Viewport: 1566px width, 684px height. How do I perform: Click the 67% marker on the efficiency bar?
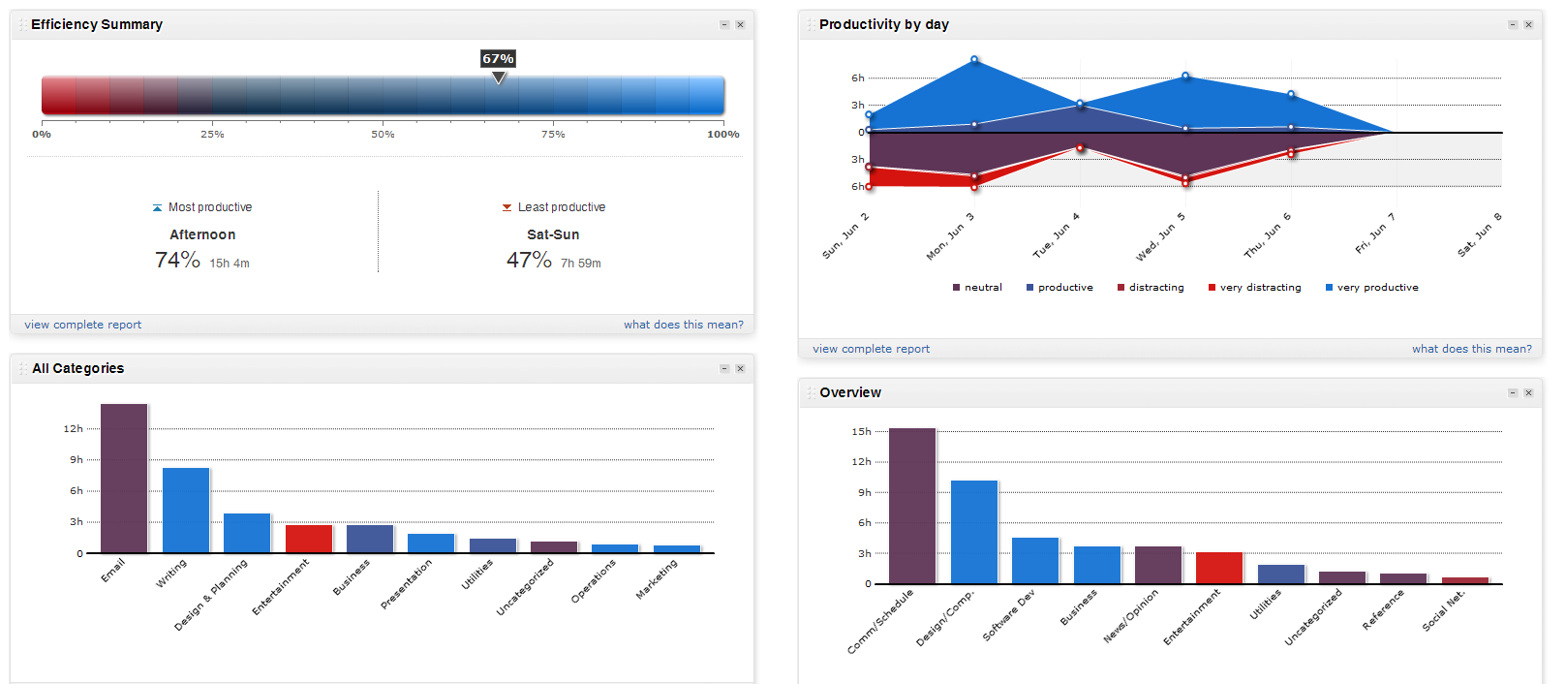pyautogui.click(x=498, y=60)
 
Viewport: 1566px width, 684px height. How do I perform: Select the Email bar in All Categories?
pyautogui.click(x=124, y=479)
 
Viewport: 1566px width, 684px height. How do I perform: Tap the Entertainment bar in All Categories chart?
pyautogui.click(x=309, y=539)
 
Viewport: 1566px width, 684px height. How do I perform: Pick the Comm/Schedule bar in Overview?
pyautogui.click(x=912, y=506)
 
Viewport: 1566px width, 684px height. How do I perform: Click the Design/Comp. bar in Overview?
pyautogui.click(x=974, y=532)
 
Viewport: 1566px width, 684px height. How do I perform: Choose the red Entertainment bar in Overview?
pyautogui.click(x=1219, y=568)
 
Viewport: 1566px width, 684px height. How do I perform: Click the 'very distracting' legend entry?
pyautogui.click(x=1260, y=288)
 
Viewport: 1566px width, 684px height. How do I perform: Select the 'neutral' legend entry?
pyautogui.click(x=982, y=288)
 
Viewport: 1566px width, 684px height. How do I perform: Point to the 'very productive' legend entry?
pyautogui.click(x=1377, y=288)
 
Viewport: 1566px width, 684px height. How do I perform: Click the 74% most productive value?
pyautogui.click(x=177, y=261)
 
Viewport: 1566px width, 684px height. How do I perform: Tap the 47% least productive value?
pyautogui.click(x=529, y=261)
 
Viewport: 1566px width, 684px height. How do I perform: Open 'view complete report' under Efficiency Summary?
pyautogui.click(x=83, y=326)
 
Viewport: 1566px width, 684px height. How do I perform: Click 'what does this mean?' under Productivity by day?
pyautogui.click(x=1471, y=349)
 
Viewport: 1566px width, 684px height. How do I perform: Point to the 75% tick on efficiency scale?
pyautogui.click(x=553, y=135)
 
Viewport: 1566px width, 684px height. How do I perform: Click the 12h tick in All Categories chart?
pyautogui.click(x=74, y=429)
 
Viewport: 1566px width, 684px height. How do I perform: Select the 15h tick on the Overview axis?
pyautogui.click(x=861, y=432)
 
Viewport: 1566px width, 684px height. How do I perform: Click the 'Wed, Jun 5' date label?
pyautogui.click(x=1160, y=237)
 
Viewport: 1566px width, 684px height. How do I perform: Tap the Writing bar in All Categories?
pyautogui.click(x=186, y=511)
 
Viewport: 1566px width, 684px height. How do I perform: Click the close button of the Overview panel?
pyautogui.click(x=1528, y=392)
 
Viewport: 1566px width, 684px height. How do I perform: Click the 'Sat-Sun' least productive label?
pyautogui.click(x=553, y=235)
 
